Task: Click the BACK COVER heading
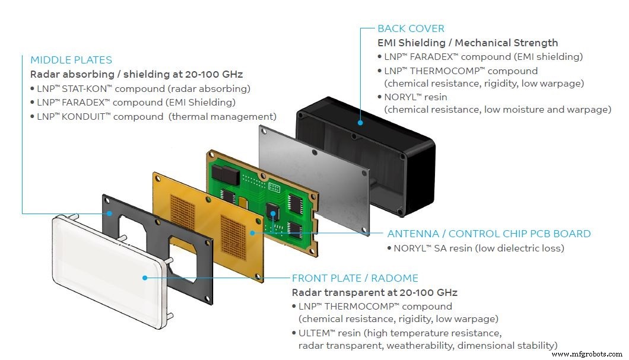[411, 28]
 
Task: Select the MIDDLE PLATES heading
[71, 60]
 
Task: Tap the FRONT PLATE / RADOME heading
[355, 278]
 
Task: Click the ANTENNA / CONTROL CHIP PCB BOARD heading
[489, 234]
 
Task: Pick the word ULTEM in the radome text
[314, 333]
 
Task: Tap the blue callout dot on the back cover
[360, 123]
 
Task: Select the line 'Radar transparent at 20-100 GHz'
[374, 292]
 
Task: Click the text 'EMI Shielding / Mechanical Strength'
[468, 43]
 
